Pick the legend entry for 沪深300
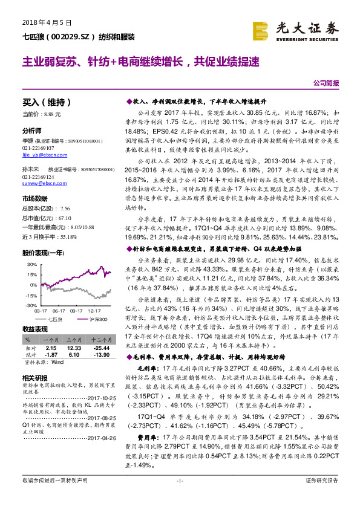click(99, 317)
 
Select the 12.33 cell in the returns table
click(74, 348)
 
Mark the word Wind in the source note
click(57, 363)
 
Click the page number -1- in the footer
click(180, 496)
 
